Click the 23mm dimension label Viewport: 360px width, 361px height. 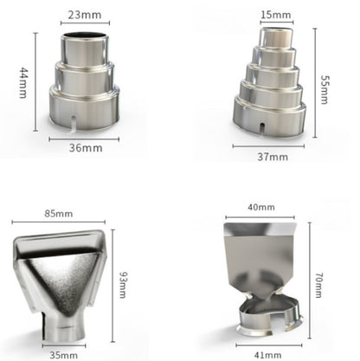point(85,15)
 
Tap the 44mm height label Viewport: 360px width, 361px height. point(23,83)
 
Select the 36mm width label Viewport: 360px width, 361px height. point(86,148)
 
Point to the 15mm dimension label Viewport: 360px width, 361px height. point(276,15)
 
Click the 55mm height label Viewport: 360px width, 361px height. point(325,90)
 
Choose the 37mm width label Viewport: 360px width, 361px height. point(273,157)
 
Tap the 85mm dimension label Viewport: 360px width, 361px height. point(59,214)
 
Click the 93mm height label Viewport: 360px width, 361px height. point(124,285)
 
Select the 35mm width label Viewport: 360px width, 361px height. point(64,355)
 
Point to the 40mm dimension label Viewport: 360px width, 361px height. point(261,207)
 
